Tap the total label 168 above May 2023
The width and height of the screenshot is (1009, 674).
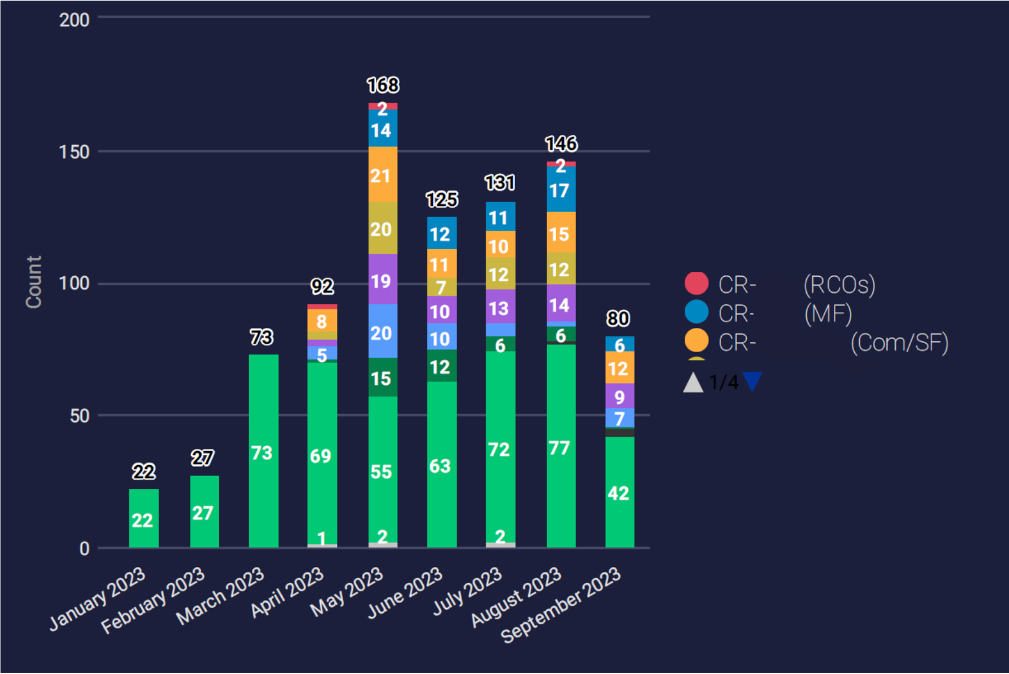click(383, 85)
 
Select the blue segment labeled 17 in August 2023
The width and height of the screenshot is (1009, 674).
click(561, 189)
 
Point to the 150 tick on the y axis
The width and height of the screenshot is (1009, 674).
click(74, 152)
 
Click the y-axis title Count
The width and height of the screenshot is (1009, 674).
click(34, 282)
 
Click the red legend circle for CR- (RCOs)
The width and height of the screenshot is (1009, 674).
click(696, 284)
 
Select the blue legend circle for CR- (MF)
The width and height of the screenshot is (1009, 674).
click(696, 312)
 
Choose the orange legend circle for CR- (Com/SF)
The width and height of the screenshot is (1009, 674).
click(696, 341)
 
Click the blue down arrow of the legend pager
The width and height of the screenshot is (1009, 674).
click(752, 381)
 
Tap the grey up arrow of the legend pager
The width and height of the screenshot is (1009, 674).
click(693, 383)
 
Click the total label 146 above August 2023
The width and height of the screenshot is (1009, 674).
click(561, 144)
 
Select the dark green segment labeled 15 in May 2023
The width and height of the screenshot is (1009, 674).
click(383, 378)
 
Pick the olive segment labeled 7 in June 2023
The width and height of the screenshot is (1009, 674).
click(442, 287)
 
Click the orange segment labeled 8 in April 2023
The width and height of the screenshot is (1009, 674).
click(322, 321)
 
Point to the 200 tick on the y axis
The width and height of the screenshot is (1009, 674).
click(74, 20)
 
